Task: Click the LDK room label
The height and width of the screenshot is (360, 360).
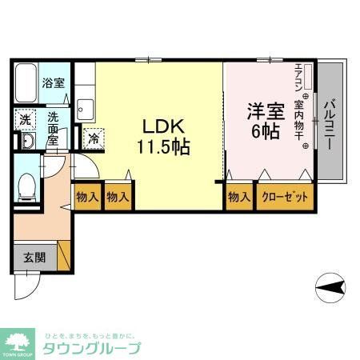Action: (164, 126)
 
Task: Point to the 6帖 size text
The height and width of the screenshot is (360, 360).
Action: (265, 131)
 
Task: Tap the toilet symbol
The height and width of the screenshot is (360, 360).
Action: (26, 186)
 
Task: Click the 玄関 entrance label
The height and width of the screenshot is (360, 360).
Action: (34, 258)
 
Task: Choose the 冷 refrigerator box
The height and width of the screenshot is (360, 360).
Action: (94, 138)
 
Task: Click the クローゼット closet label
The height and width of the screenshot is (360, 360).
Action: (283, 197)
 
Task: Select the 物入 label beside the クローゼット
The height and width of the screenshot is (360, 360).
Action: (239, 197)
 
